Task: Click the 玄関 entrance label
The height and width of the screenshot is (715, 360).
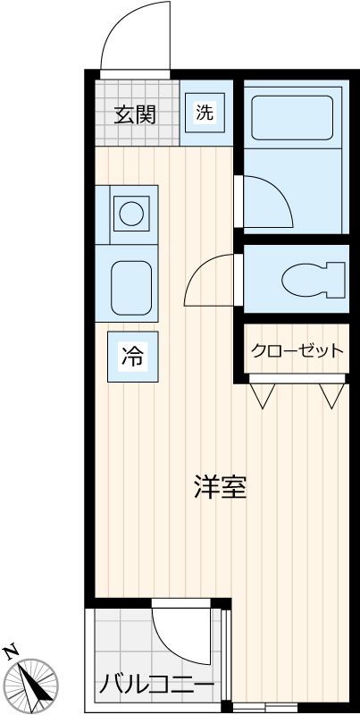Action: point(136,114)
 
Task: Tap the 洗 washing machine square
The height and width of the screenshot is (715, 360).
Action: point(205,114)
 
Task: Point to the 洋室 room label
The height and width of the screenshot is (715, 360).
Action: point(220,488)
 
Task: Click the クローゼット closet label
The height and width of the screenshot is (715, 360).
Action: point(297,350)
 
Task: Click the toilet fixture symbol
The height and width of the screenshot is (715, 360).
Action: point(312,279)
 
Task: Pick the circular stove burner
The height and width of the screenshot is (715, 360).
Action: point(131,213)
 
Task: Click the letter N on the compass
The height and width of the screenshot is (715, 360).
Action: point(12,651)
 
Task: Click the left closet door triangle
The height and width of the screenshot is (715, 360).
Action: point(263,395)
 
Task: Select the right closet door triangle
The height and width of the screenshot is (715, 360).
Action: point(332,395)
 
